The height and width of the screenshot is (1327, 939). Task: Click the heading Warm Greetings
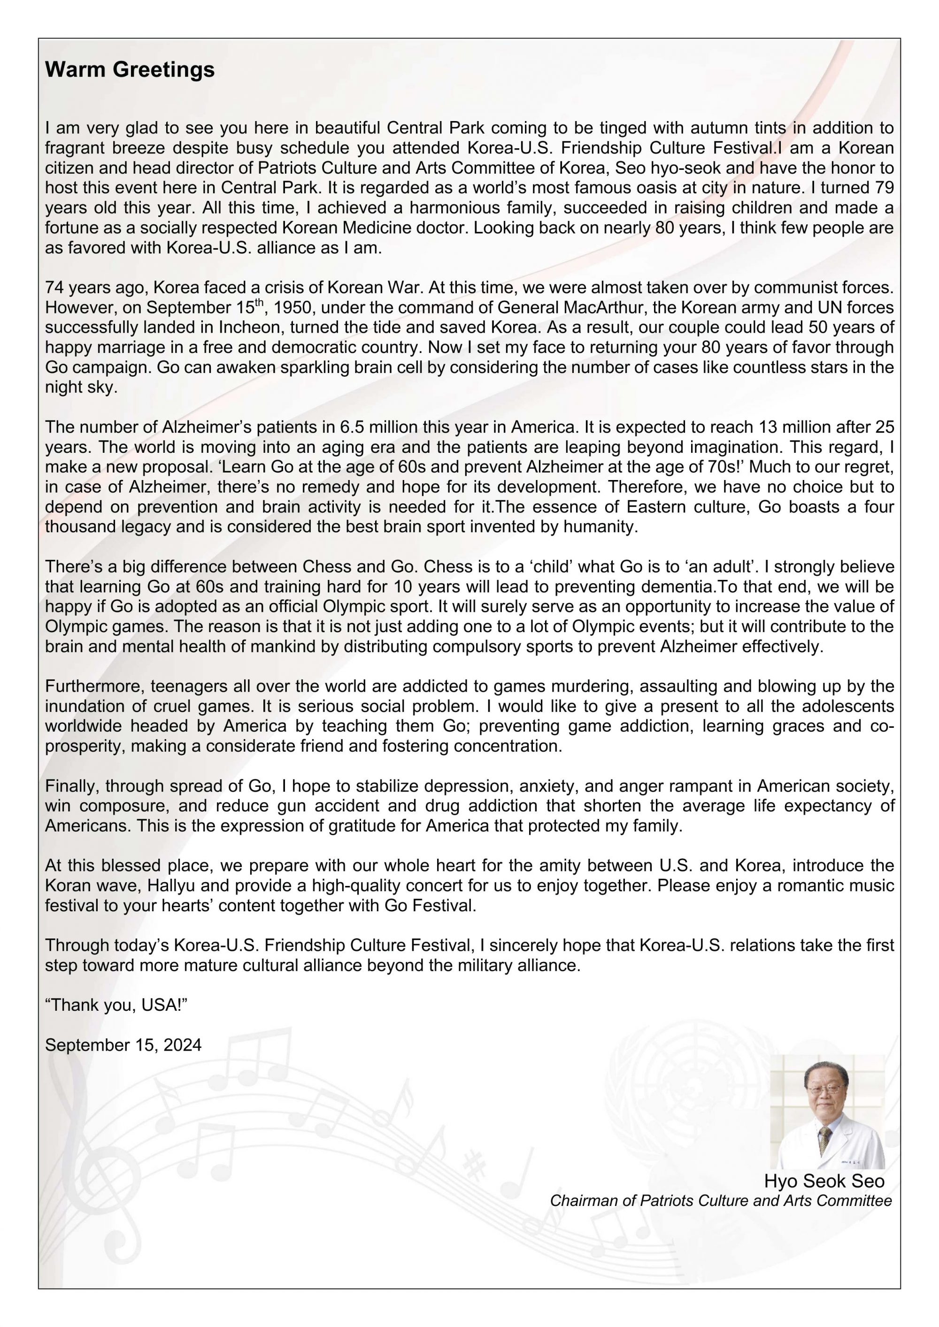130,70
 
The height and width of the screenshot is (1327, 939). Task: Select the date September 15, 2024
123,1045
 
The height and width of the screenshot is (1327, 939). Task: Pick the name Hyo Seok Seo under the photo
824,1181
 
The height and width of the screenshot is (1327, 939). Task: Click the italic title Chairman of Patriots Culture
720,1201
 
